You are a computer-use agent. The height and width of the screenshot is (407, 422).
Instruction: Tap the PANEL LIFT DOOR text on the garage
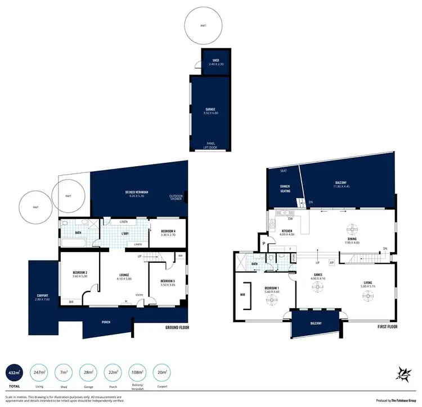click(210, 146)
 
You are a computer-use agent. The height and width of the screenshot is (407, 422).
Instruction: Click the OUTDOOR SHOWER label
click(176, 197)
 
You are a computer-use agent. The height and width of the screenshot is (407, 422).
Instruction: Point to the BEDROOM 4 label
click(168, 232)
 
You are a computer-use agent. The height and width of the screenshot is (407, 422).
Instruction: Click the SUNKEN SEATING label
click(285, 189)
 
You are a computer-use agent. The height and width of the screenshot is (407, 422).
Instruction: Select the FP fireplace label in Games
click(331, 262)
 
